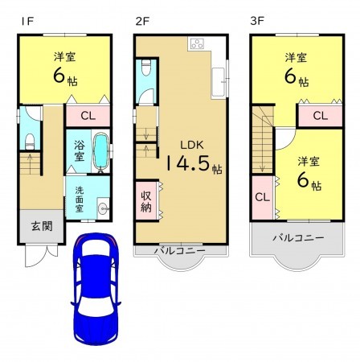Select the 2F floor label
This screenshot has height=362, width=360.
143,21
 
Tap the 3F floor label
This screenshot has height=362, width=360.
258,21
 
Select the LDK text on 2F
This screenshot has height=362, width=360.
191,146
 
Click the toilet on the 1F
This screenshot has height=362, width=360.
29,142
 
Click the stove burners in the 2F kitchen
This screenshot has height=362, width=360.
198,44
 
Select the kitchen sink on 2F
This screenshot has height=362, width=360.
218,78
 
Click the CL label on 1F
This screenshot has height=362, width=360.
88,116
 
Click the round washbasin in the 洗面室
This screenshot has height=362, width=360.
102,209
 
